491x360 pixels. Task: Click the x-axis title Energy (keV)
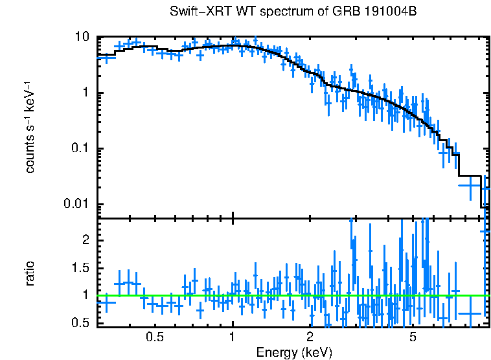(x=294, y=352)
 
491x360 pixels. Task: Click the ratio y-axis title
(x=30, y=273)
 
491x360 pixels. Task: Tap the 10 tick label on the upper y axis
(x=81, y=38)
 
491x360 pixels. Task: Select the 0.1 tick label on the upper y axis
(x=79, y=149)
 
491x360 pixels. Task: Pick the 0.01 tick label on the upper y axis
(x=76, y=205)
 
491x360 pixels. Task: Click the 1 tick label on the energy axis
(x=233, y=337)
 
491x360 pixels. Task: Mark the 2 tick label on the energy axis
(x=310, y=337)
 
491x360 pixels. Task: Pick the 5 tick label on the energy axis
(x=413, y=337)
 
